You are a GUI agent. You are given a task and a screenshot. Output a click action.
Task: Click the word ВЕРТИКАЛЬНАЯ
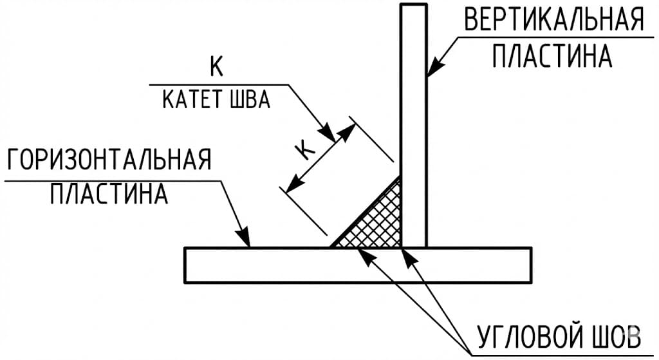click(x=553, y=20)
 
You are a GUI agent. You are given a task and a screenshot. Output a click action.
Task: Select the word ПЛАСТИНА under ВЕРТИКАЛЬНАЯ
click(x=552, y=57)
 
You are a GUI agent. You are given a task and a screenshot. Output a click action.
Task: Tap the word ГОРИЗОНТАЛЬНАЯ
click(x=109, y=159)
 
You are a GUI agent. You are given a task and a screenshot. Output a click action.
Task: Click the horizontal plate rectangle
click(x=357, y=265)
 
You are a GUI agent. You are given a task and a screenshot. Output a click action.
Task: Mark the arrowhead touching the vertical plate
click(x=432, y=70)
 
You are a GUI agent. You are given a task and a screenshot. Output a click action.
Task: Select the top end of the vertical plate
click(x=413, y=6)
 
